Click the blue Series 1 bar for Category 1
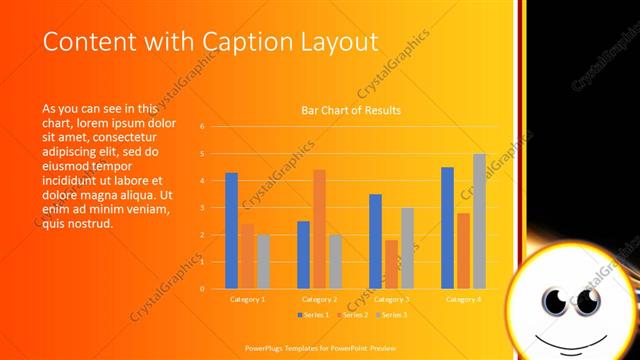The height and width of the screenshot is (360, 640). [231, 230]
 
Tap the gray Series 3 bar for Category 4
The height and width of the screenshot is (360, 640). [479, 221]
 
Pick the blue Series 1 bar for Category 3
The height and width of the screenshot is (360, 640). [375, 241]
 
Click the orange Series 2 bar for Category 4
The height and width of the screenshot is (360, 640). [463, 250]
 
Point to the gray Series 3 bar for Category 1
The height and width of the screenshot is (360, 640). [263, 261]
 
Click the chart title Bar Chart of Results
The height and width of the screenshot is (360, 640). [351, 110]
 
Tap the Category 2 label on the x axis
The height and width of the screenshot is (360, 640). [319, 299]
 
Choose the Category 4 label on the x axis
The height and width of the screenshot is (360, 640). [463, 299]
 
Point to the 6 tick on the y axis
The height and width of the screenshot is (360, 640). [202, 127]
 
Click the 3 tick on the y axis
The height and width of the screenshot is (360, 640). [202, 208]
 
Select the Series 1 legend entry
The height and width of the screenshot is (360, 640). [313, 315]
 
